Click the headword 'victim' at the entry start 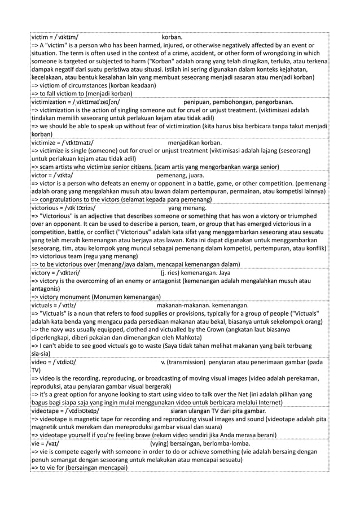(39, 37)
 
